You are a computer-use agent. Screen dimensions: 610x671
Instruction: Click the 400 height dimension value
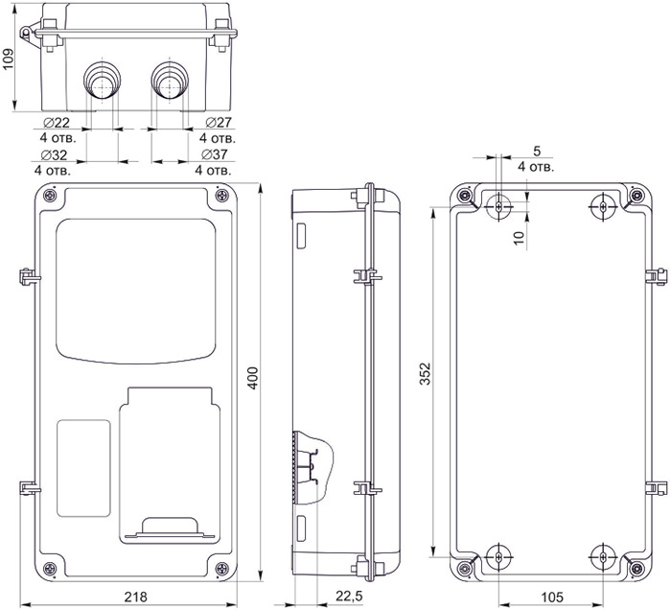pos(253,382)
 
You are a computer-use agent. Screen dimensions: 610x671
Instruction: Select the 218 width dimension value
pos(135,597)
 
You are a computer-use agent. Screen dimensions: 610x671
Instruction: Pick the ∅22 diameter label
pos(58,123)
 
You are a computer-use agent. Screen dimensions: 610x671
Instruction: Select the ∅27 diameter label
pos(219,123)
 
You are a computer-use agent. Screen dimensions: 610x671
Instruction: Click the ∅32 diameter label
pos(54,154)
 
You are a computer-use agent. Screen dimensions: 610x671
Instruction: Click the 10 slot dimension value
pos(518,236)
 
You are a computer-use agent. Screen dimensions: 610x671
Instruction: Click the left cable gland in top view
pos(101,79)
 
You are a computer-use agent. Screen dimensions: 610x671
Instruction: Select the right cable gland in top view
pos(169,79)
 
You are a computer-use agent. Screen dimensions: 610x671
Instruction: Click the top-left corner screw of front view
pos(50,197)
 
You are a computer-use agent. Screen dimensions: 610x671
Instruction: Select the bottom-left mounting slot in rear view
pos(500,557)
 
